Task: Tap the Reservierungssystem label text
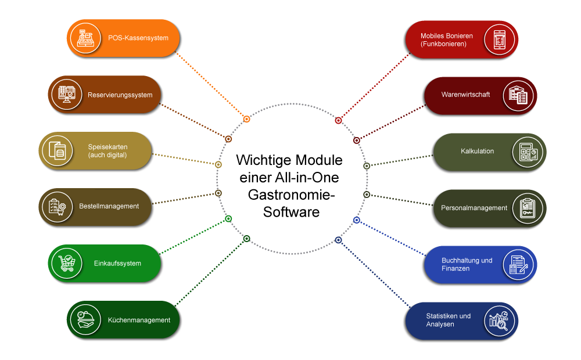(x=120, y=95)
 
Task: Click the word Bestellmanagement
(x=109, y=206)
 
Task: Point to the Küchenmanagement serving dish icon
(x=85, y=320)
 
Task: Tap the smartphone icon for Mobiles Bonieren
(x=500, y=39)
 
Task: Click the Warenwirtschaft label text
(x=465, y=94)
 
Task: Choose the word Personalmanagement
(x=474, y=208)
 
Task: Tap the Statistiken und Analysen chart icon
(x=500, y=320)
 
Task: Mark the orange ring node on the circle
(x=247, y=119)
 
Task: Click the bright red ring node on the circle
(x=339, y=121)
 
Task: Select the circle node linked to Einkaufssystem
(x=228, y=219)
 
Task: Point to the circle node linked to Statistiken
(x=339, y=240)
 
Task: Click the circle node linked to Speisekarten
(x=218, y=165)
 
